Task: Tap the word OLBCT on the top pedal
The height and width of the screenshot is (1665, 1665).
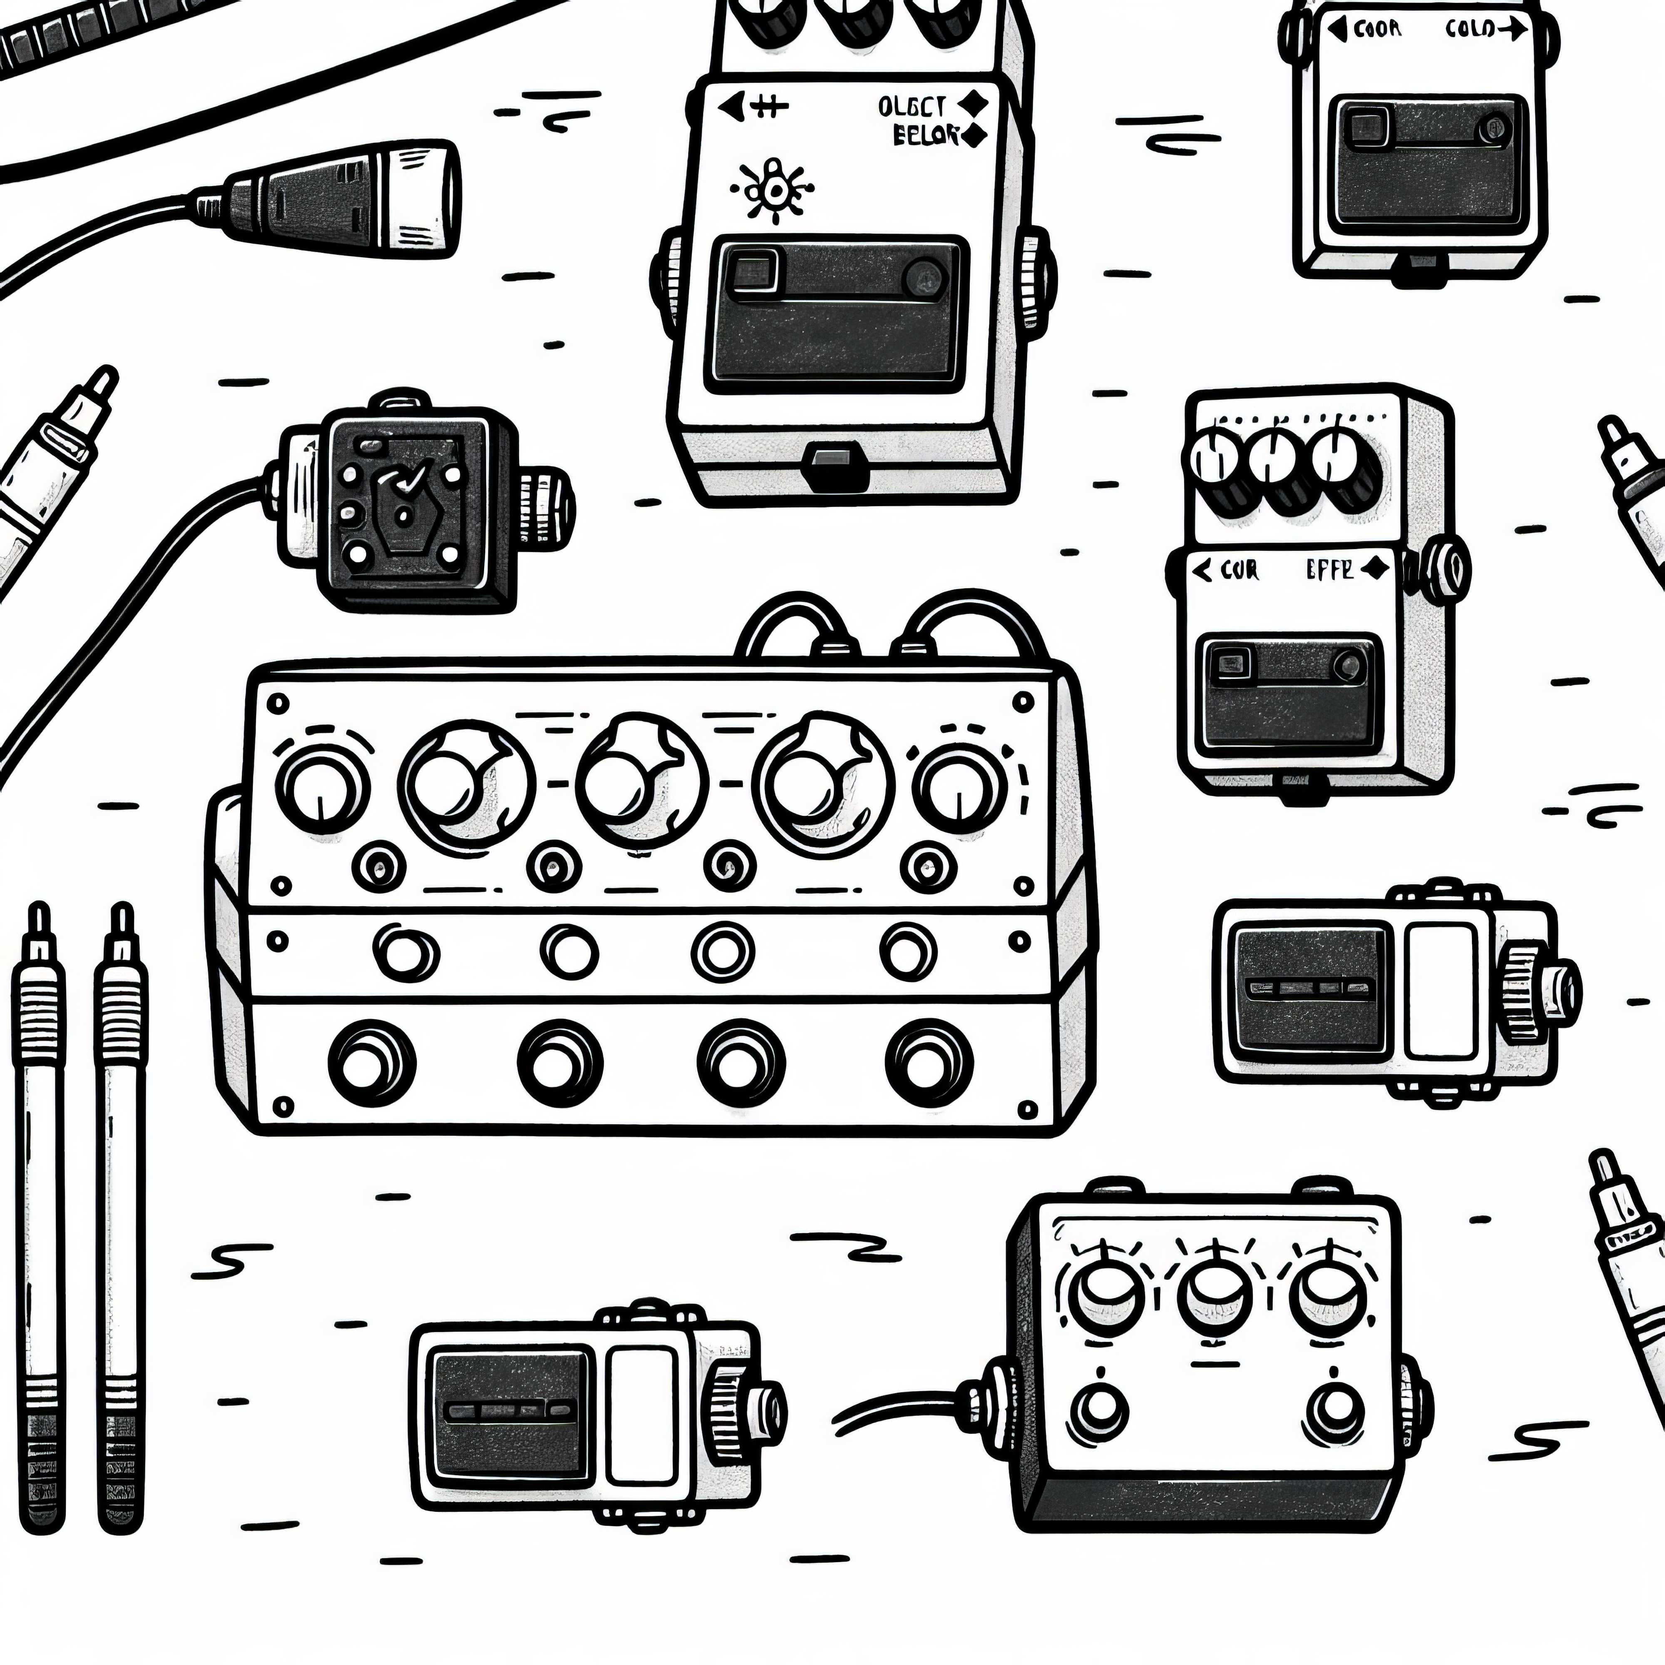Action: point(912,107)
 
